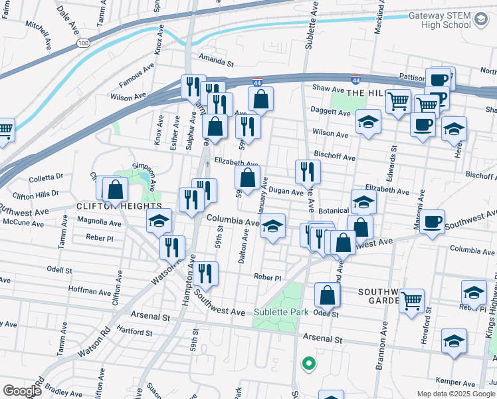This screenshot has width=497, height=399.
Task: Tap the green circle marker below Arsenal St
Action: click(x=308, y=363)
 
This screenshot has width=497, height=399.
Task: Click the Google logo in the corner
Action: click(x=23, y=391)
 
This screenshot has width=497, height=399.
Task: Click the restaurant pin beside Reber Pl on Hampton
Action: click(x=206, y=273)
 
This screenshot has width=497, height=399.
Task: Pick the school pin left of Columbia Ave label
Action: click(x=159, y=221)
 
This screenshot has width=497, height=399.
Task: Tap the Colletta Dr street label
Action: click(x=47, y=178)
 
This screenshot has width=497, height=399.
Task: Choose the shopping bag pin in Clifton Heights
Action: click(x=116, y=189)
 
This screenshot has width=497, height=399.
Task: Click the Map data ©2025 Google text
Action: click(x=455, y=394)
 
